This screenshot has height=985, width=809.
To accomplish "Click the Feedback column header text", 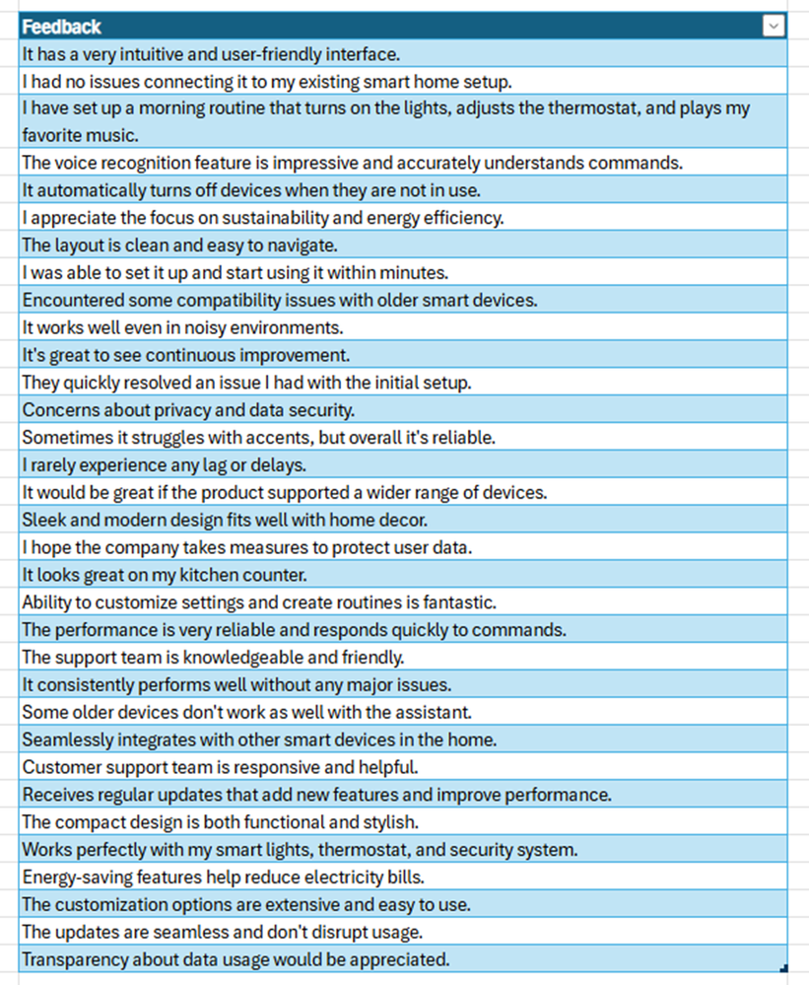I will [62, 27].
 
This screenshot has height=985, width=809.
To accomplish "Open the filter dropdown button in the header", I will [774, 27].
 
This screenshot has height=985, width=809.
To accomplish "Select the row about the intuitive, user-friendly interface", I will [211, 54].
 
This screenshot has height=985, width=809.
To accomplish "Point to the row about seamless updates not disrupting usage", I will [236, 931].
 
